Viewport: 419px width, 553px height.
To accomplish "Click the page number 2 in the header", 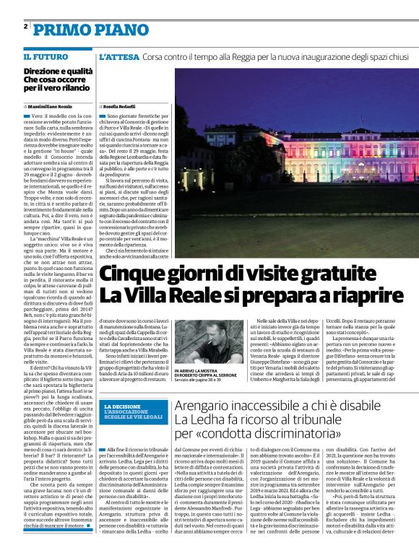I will tap(26, 26).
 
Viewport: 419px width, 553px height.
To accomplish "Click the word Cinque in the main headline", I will tap(134, 275).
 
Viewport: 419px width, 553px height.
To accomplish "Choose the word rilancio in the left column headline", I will tap(77, 88).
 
